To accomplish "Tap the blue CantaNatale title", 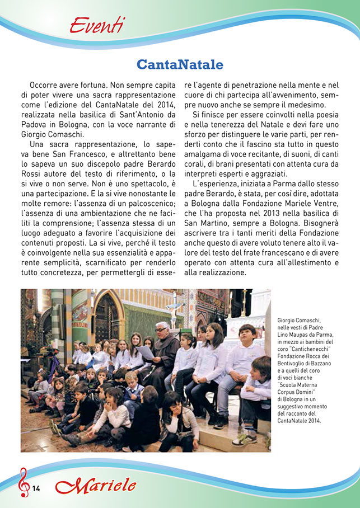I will point(180,65).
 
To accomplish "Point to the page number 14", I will point(36,488).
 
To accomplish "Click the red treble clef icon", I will point(24,482).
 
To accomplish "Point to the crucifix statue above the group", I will point(175,305).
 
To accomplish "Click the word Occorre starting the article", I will point(47,86).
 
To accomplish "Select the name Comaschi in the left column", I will point(67,134).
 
